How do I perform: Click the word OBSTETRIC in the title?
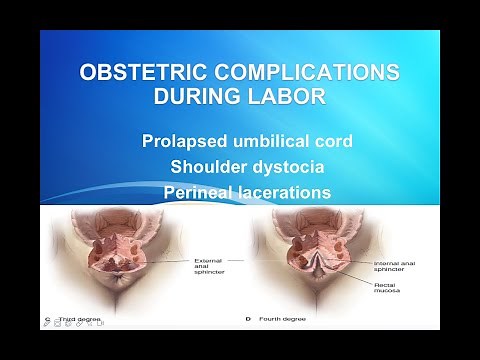tap(137, 75)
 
